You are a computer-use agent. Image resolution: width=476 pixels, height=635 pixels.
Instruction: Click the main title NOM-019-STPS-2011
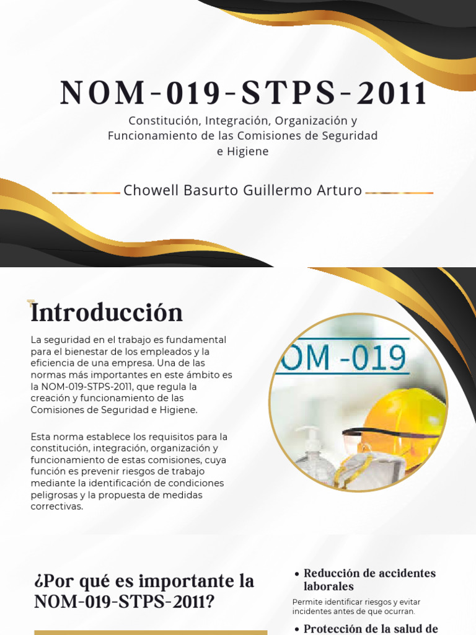(x=244, y=93)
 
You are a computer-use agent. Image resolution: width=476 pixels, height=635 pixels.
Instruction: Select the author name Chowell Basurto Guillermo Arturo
(x=242, y=190)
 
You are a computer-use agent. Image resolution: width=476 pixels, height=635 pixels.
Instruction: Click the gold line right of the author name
(x=399, y=193)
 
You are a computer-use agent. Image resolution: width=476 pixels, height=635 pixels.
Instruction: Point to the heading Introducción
(x=107, y=312)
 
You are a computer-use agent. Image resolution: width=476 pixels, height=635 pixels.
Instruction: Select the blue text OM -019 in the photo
(x=344, y=358)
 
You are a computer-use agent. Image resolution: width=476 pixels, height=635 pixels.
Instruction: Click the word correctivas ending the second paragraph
(x=56, y=507)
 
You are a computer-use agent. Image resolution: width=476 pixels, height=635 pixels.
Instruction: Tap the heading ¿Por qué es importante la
(x=145, y=582)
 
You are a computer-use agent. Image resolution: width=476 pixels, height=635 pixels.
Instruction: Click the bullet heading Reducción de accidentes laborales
(x=369, y=579)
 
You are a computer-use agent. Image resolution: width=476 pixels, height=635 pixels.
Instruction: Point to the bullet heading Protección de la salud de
(x=371, y=628)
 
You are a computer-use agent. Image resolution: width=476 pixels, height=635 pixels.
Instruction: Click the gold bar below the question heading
(x=151, y=632)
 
